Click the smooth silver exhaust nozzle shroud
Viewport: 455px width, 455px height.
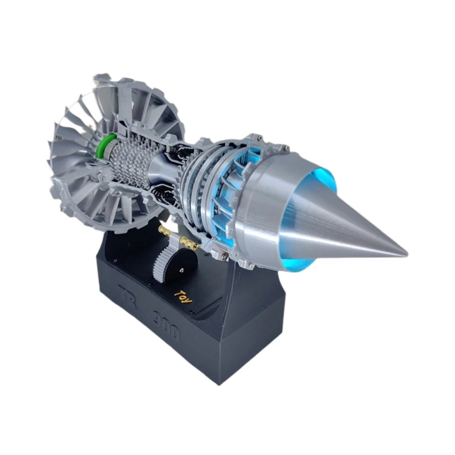point(273,205)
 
